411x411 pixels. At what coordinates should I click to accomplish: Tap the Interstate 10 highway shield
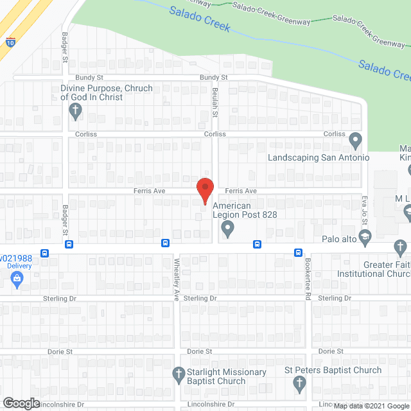pyautogui.click(x=11, y=42)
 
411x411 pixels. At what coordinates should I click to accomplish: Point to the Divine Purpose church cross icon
pyautogui.click(x=75, y=110)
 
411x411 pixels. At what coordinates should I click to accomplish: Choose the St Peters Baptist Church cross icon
pyautogui.click(x=299, y=384)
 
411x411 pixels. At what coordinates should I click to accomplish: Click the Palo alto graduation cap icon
pyautogui.click(x=364, y=239)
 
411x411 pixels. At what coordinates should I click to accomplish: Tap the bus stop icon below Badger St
pyautogui.click(x=69, y=244)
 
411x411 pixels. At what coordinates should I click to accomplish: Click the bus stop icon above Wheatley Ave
pyautogui.click(x=165, y=243)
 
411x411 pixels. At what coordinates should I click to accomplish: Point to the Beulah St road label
pyautogui.click(x=216, y=101)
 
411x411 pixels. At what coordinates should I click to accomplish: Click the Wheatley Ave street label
pyautogui.click(x=177, y=274)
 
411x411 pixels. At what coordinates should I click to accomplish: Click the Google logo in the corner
pyautogui.click(x=21, y=403)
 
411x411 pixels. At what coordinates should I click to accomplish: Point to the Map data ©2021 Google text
pyautogui.click(x=371, y=406)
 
